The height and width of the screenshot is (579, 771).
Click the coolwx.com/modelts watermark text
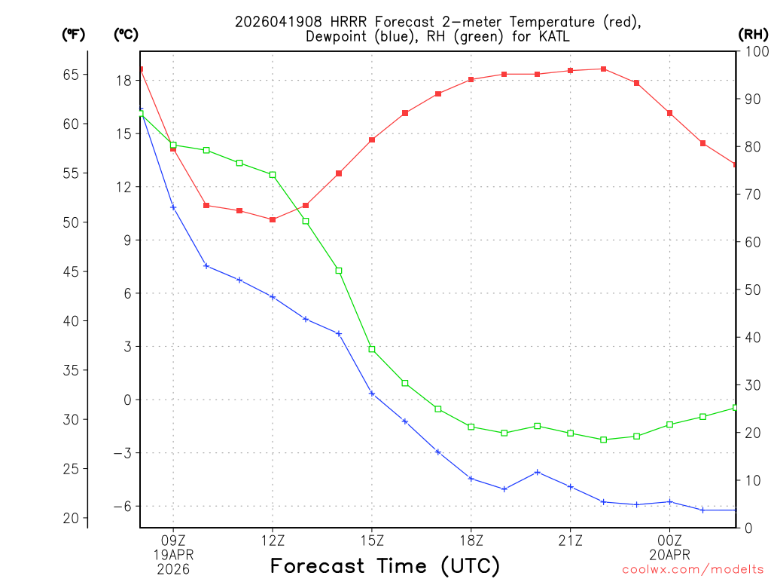click(693, 569)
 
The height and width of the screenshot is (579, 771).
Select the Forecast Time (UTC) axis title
click(385, 565)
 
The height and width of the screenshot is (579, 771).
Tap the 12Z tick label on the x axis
click(273, 540)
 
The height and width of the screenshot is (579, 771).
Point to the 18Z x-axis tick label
click(471, 540)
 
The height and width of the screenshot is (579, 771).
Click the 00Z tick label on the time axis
click(669, 540)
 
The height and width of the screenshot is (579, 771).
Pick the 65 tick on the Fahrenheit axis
click(71, 75)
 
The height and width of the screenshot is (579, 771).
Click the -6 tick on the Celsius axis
click(121, 506)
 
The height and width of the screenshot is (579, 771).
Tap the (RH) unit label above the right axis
click(753, 34)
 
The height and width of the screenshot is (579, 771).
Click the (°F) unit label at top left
click(74, 34)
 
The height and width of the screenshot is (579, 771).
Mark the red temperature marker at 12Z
click(273, 219)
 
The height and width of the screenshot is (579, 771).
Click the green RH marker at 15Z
click(372, 349)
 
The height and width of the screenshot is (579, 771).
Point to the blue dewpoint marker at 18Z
click(471, 478)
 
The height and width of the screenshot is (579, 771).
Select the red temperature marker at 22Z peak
click(604, 69)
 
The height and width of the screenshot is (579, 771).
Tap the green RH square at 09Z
click(173, 146)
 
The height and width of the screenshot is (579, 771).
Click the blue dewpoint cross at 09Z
click(173, 207)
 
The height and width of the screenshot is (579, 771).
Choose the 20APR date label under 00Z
click(669, 554)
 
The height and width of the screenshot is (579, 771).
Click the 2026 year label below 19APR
click(173, 568)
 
